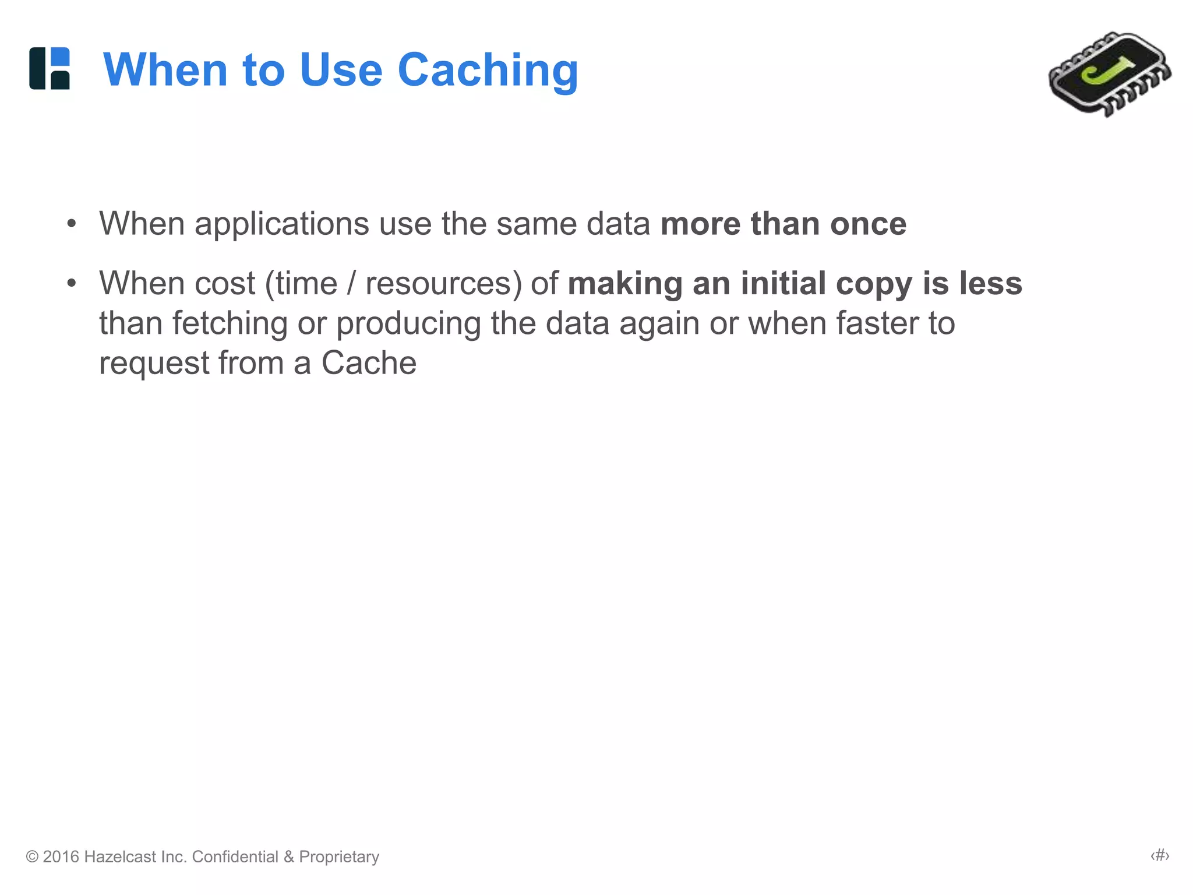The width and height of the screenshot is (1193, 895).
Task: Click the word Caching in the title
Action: pos(488,71)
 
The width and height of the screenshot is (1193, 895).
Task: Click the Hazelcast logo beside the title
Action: pos(50,69)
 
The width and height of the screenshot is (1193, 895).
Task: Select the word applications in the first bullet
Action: pos(282,224)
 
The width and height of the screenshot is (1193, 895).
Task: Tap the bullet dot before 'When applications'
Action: pos(71,224)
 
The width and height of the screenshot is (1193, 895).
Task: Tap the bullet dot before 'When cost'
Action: pos(71,284)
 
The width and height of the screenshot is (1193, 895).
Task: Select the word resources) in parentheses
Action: pos(444,284)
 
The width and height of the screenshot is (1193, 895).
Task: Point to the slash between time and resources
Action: pos(351,284)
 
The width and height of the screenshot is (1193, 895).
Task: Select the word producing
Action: pos(408,324)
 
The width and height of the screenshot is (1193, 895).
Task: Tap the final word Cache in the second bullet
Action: pos(369,363)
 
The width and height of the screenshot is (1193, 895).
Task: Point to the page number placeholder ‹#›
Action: pos(1159,855)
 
